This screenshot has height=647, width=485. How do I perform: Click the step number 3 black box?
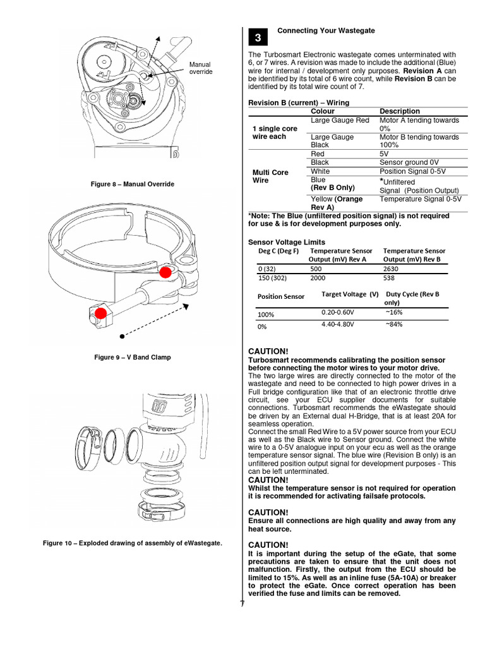coord(258,38)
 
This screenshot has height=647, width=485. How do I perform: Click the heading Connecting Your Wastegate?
coord(326,30)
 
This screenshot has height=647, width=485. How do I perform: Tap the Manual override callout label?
coord(201,68)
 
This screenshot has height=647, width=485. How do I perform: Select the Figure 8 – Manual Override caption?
coord(133,184)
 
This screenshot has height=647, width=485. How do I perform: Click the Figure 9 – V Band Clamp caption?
coord(133,357)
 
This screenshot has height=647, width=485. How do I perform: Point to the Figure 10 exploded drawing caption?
coord(133,543)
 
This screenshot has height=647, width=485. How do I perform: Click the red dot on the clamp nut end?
coord(100,313)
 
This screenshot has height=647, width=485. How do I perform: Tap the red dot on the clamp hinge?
coord(165,272)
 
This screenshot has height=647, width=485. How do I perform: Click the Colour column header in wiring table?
coord(323,111)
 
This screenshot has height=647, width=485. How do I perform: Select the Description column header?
coord(399,111)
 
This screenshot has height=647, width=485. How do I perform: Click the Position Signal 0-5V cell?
coord(414,171)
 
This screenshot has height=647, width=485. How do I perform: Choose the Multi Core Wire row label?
coord(270,176)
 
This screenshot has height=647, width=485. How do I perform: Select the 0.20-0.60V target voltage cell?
coord(338,312)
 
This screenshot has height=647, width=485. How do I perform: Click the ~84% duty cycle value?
coord(393,324)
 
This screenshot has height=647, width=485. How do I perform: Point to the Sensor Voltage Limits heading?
coord(287,242)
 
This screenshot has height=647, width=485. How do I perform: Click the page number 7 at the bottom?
coord(242,603)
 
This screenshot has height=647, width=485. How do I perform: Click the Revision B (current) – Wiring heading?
coord(299,102)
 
